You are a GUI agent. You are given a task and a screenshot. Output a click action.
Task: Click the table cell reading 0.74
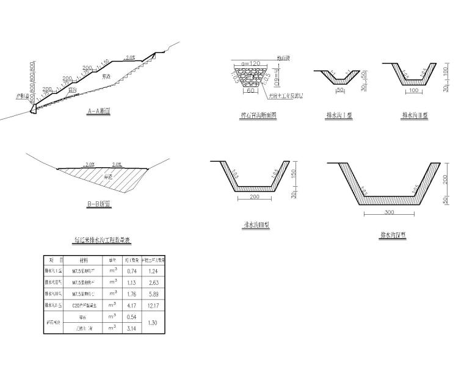click(x=130, y=271)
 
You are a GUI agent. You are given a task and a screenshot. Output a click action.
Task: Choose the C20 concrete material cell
click(x=83, y=305)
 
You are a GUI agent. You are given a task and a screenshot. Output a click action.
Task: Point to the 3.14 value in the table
click(x=130, y=328)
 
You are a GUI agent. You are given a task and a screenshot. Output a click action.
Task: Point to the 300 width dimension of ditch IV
click(x=390, y=212)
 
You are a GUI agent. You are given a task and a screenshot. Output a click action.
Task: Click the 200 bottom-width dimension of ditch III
click(x=255, y=198)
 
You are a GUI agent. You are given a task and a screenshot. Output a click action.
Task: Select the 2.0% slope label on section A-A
click(x=129, y=57)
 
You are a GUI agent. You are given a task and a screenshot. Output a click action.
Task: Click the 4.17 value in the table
click(x=130, y=305)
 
